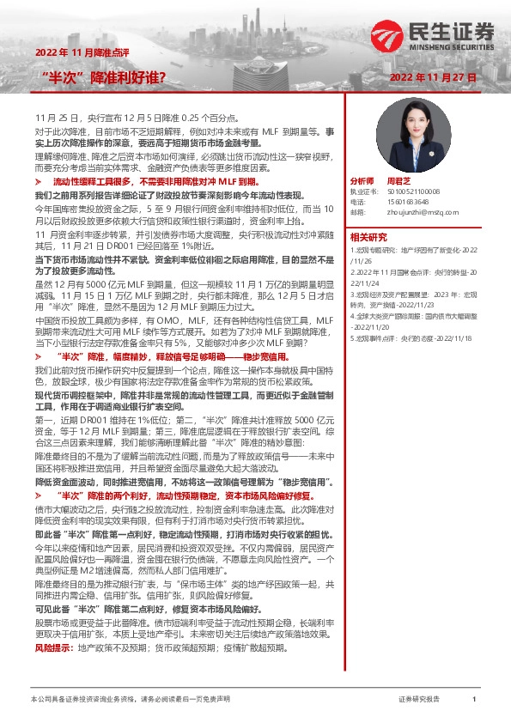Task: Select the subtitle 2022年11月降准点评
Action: (83, 52)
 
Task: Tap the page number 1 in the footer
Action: (474, 701)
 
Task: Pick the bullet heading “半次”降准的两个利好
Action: (189, 496)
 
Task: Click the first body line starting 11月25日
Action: (131, 115)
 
